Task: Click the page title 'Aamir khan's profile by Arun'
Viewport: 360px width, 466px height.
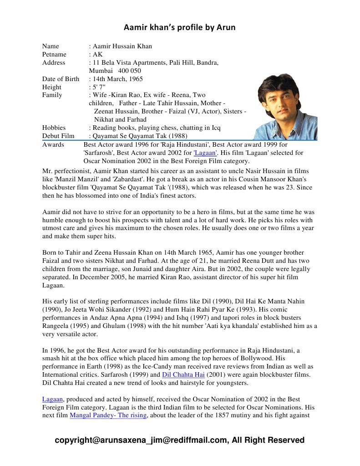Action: click(x=180, y=28)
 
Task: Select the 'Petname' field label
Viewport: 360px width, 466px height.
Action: click(x=54, y=54)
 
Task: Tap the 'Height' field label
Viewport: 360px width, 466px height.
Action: click(x=52, y=87)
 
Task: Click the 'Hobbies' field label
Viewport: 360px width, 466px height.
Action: click(x=54, y=128)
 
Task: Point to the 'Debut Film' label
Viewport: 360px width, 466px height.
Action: click(x=58, y=136)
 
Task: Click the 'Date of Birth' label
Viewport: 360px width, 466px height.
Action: click(x=61, y=79)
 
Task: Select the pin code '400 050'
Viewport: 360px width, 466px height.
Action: click(x=129, y=71)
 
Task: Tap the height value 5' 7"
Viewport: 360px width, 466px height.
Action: click(x=99, y=87)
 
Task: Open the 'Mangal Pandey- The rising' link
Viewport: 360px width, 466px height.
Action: click(x=108, y=415)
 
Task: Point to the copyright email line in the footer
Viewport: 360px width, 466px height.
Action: click(x=179, y=440)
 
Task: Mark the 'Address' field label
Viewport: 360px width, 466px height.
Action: click(x=54, y=62)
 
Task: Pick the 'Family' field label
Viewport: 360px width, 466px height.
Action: click(x=52, y=95)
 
